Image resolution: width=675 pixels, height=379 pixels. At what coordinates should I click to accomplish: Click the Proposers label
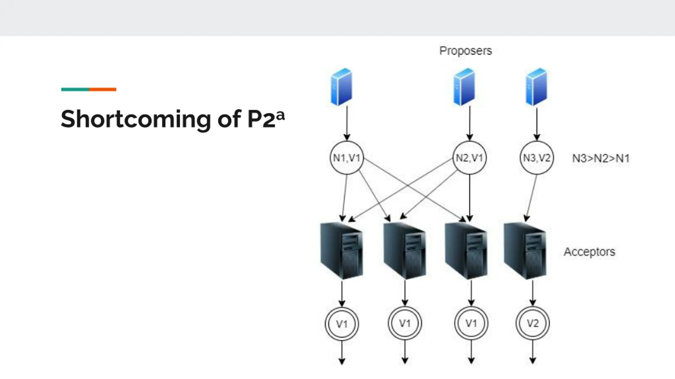[465, 51]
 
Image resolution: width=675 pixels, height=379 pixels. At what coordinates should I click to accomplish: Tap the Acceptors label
[589, 252]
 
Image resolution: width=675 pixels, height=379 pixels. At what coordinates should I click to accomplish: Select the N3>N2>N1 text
[601, 158]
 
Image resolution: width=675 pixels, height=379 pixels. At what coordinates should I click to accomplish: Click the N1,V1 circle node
[347, 158]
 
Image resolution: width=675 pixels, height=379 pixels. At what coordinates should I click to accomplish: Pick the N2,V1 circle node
[470, 158]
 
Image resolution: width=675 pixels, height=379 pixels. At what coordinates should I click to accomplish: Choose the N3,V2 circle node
[537, 158]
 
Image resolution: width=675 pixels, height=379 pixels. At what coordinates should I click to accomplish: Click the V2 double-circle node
[533, 323]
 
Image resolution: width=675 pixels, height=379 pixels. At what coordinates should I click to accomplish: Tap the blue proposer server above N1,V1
[342, 87]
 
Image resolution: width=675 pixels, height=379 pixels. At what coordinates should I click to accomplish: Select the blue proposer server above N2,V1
[464, 87]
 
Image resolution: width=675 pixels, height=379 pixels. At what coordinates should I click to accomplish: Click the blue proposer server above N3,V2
[536, 87]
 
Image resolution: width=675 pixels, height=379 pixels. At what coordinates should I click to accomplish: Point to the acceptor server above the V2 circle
[525, 251]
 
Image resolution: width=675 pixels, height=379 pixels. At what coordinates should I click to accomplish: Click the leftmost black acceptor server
[342, 251]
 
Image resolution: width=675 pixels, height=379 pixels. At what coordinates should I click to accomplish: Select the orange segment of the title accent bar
[103, 89]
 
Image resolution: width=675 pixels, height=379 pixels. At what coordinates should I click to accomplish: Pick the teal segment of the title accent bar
[75, 89]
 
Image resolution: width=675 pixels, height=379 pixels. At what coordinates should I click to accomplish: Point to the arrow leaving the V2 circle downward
[533, 351]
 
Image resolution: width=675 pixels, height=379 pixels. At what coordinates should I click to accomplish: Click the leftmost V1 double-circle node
[342, 324]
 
